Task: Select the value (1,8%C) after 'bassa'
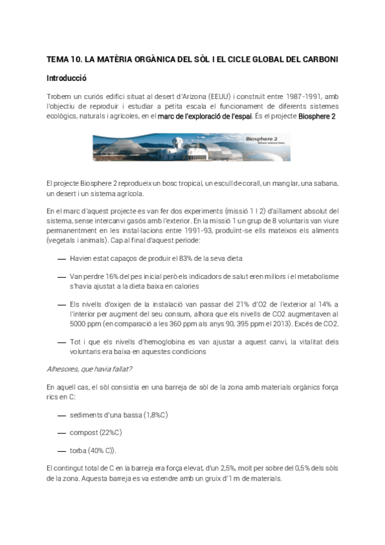click(x=156, y=415)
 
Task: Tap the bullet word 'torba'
click(x=80, y=450)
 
